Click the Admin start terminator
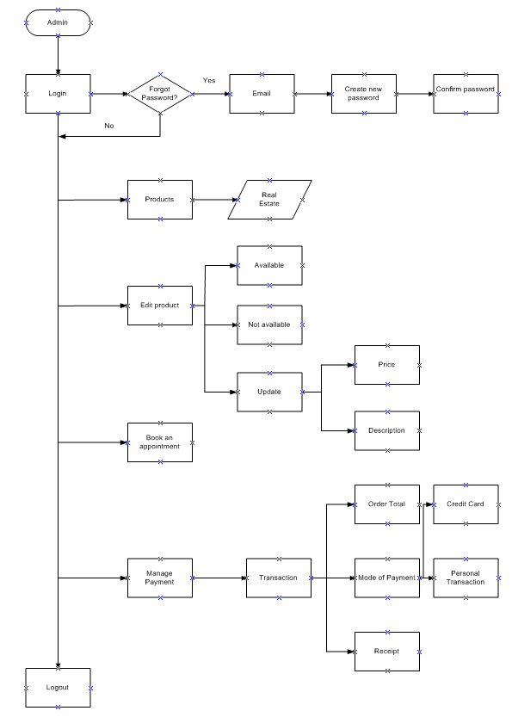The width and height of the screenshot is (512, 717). click(58, 22)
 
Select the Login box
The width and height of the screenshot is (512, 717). click(58, 93)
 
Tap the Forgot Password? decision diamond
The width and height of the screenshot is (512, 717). click(160, 93)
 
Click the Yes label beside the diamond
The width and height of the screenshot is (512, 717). click(209, 80)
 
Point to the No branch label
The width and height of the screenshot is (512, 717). click(109, 127)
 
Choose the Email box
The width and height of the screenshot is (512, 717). click(262, 93)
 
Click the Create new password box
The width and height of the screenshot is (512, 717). click(363, 94)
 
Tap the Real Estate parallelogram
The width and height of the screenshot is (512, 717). click(270, 200)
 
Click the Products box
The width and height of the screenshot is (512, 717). click(160, 200)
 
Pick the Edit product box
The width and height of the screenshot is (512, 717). click(160, 306)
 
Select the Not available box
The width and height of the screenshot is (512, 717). click(269, 325)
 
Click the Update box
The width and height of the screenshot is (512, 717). click(269, 392)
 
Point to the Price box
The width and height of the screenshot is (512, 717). click(387, 365)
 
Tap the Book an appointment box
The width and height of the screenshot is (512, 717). click(160, 442)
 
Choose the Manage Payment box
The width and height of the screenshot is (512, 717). click(160, 578)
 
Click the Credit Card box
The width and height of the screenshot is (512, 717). click(466, 504)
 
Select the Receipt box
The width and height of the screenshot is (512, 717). click(387, 652)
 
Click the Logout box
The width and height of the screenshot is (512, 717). click(58, 688)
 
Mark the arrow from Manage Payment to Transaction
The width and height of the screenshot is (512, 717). click(219, 578)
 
